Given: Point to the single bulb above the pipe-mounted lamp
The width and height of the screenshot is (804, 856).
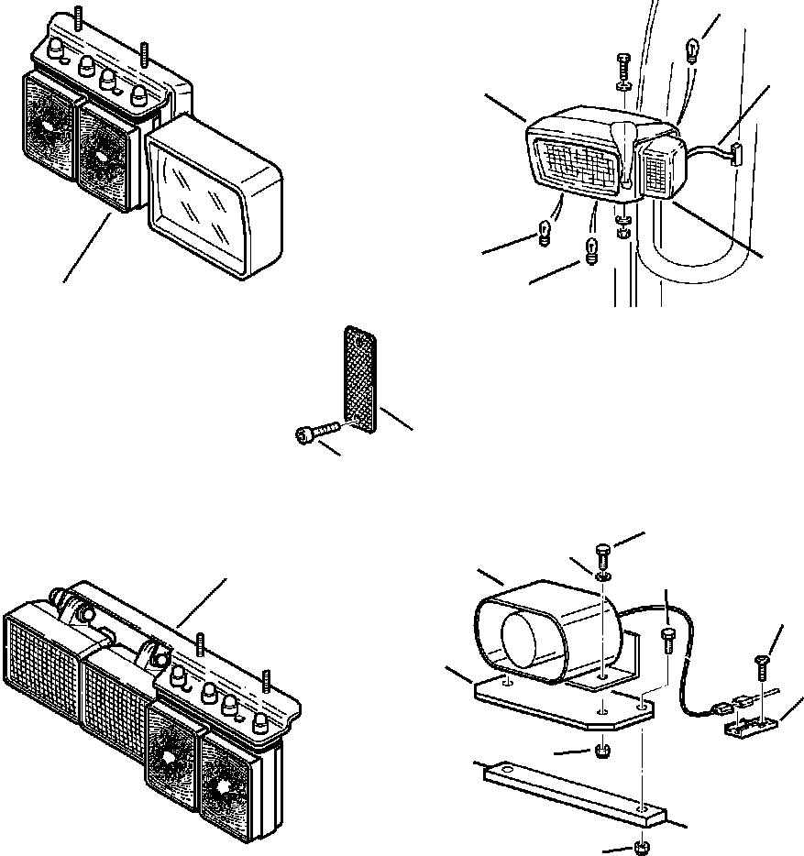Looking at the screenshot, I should pos(692,46).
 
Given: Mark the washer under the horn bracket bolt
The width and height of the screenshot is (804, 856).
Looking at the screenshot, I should pos(602,577).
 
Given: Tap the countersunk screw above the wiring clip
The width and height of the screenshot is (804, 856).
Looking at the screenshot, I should pos(762,660).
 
